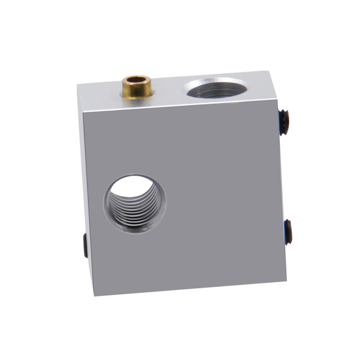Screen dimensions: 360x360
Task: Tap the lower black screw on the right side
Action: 288,231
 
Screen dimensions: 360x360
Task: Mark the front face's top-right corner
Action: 276,100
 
